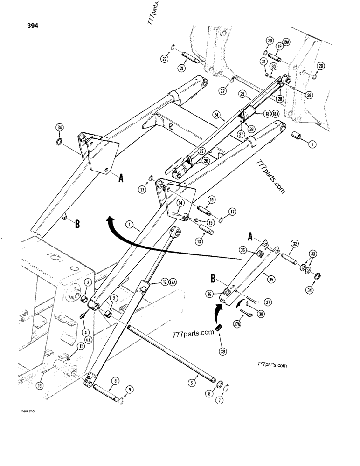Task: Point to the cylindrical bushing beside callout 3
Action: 297,137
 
